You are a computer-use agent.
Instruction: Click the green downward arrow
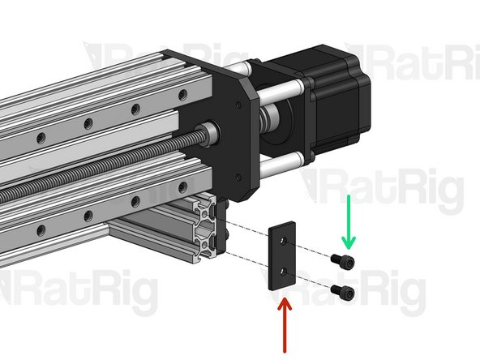(349, 221)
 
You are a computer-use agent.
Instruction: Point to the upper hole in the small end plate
(281, 241)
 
